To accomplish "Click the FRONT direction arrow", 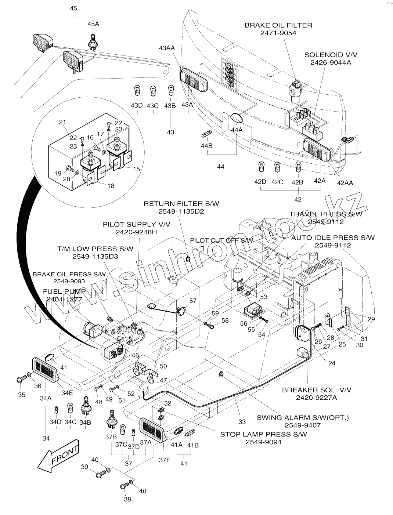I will [x=59, y=456].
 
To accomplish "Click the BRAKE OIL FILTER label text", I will [x=278, y=25].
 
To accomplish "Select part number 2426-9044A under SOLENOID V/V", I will [x=331, y=62].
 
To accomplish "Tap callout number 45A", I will [x=93, y=24].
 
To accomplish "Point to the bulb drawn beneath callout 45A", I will [x=92, y=41].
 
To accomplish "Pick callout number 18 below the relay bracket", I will [x=110, y=186].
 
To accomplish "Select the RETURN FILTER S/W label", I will [x=181, y=203].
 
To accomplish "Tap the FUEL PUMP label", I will [x=64, y=291].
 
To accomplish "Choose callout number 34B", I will [x=85, y=422].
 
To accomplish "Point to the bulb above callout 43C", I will [x=153, y=90].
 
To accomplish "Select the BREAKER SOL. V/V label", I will [x=317, y=390].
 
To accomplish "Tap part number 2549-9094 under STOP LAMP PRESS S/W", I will [x=263, y=442].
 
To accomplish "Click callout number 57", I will [x=193, y=301].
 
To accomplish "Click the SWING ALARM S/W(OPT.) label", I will [x=302, y=417].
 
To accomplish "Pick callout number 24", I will [x=332, y=364].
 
